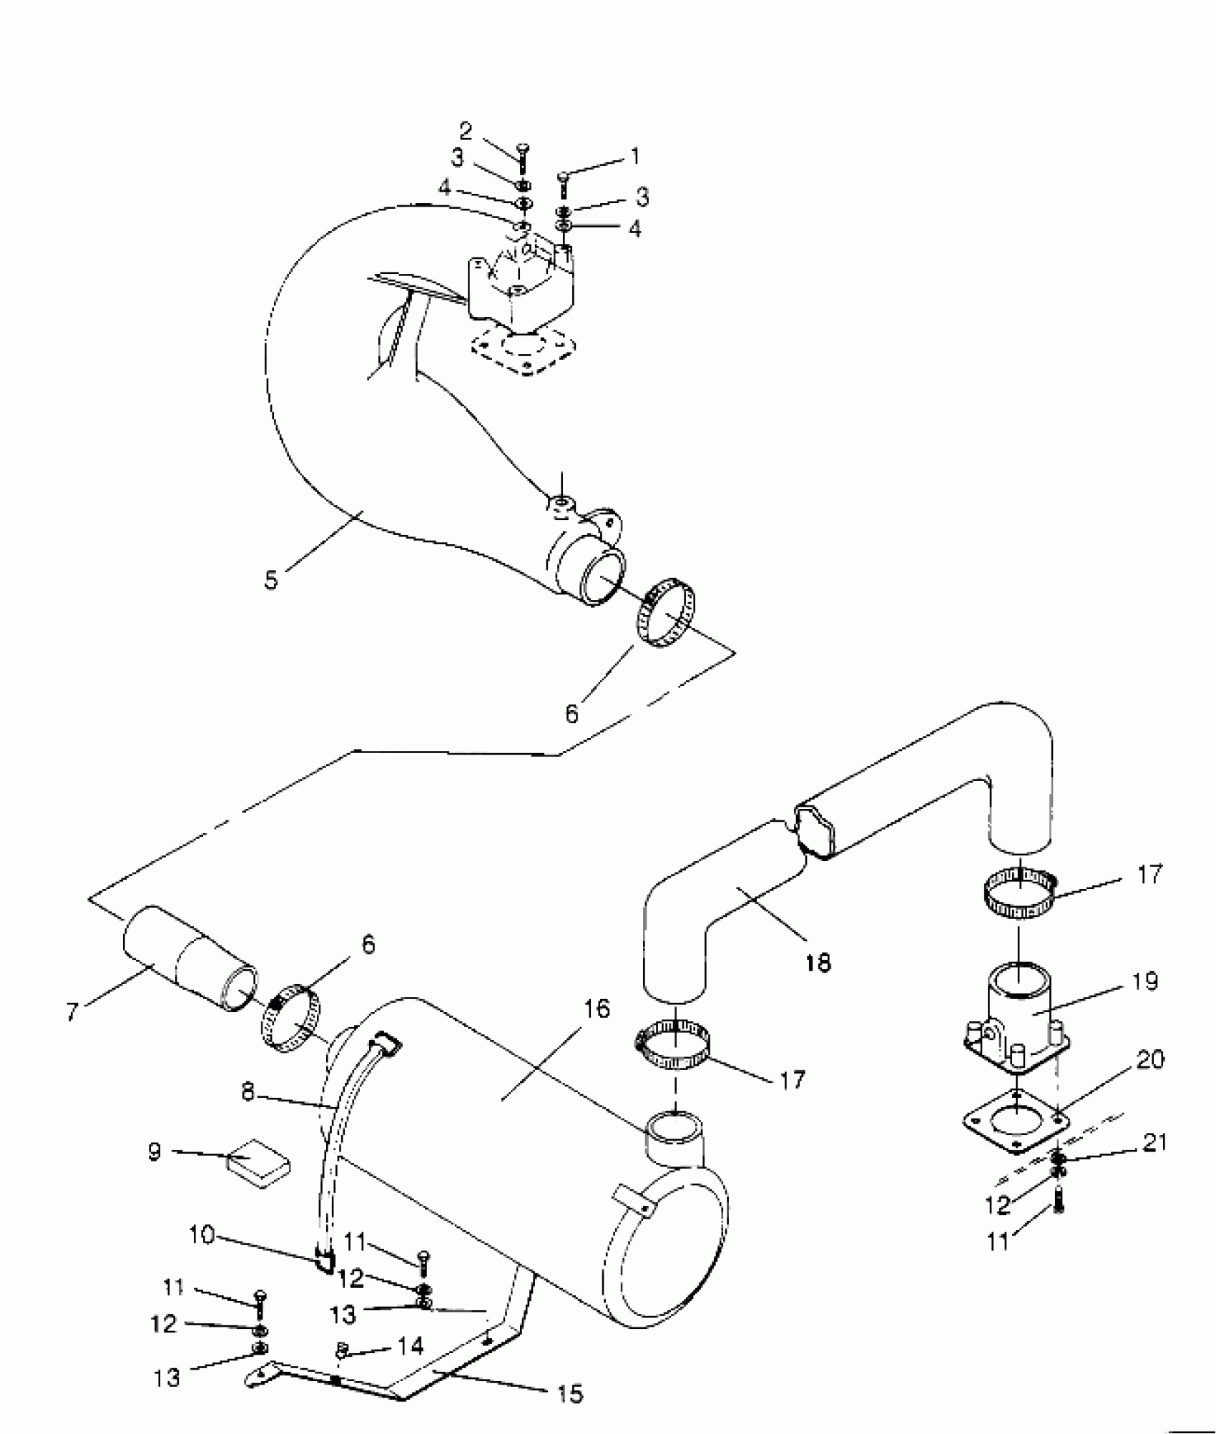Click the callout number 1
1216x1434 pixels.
tap(634, 156)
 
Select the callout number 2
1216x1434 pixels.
tap(466, 131)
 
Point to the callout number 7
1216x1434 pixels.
tap(72, 1012)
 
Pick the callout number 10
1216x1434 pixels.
tap(202, 1235)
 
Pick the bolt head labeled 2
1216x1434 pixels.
tap(521, 149)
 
